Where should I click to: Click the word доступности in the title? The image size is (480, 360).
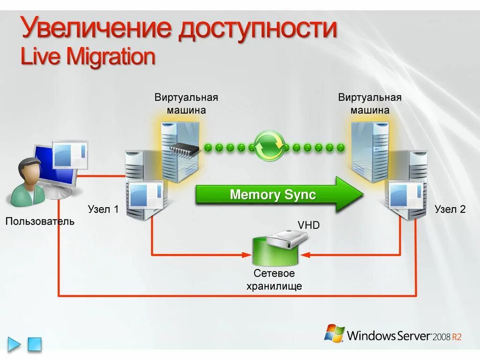pos(257,29)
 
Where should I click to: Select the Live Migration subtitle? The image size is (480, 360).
pos(88,56)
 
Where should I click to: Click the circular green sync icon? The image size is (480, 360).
pos(269,146)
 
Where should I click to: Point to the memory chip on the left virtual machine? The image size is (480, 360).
pos(184,149)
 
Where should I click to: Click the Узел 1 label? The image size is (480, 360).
pos(103,210)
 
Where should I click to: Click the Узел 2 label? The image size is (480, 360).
pos(450,210)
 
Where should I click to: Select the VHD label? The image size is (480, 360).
pos(309,225)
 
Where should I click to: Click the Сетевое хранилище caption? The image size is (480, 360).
pos(274,279)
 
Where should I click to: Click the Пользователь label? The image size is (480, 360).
pos(40,221)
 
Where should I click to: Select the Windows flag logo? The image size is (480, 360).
pos(334,333)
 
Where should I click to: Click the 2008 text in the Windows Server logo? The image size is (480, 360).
pos(442,337)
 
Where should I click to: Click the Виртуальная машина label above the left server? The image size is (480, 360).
pos(187,104)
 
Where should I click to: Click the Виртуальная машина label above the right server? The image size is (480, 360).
pos(370,104)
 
